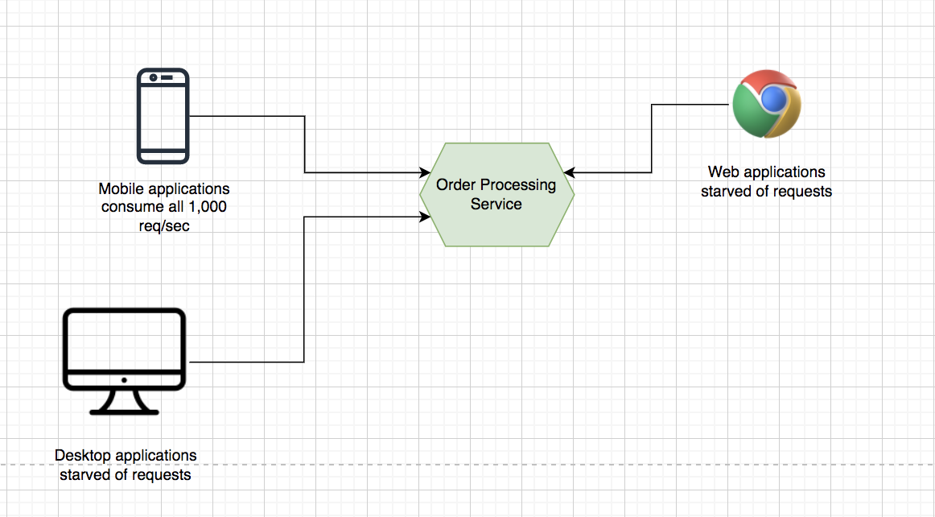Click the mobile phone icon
coord(163,116)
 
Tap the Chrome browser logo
coord(767,104)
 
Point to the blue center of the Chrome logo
coord(772,99)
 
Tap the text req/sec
coord(164,225)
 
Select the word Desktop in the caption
coord(83,456)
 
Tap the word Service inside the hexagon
coord(496,205)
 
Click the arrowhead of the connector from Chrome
coord(569,172)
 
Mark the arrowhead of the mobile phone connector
coord(426,172)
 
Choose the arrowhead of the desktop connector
coord(426,216)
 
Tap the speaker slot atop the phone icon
coord(167,78)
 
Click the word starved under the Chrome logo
coord(726,192)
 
